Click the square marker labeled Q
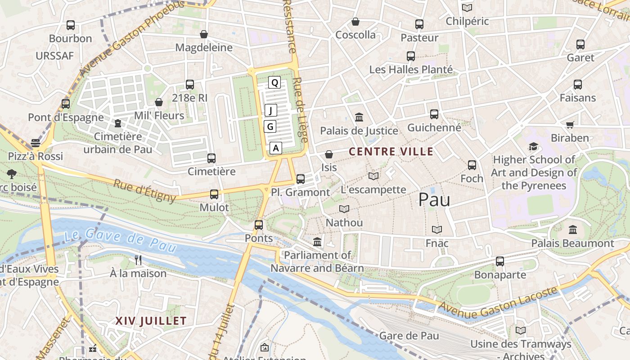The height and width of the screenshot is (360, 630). [x=274, y=82]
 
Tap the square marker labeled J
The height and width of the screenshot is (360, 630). [x=270, y=110]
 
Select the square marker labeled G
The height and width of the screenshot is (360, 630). [x=270, y=126]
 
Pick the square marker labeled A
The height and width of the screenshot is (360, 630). [x=276, y=148]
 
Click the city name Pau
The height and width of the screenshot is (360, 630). [x=434, y=200]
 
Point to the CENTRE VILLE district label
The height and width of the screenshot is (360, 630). [x=391, y=152]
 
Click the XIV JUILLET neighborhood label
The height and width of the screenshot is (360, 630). [x=151, y=321]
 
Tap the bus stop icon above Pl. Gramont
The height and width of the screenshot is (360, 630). [x=301, y=179]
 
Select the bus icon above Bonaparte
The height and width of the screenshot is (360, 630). [x=499, y=261]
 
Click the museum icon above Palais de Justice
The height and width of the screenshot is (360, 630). [x=359, y=117]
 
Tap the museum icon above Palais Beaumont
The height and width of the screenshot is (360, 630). [x=572, y=229]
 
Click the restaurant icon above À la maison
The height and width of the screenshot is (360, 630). [x=138, y=260]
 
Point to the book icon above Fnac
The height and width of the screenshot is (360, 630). [x=436, y=229]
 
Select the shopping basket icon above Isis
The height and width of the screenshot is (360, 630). [x=329, y=154]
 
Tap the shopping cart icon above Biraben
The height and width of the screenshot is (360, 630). [x=570, y=125]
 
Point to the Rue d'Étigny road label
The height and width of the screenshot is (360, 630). [x=144, y=190]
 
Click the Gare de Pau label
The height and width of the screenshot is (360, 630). [x=409, y=336]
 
